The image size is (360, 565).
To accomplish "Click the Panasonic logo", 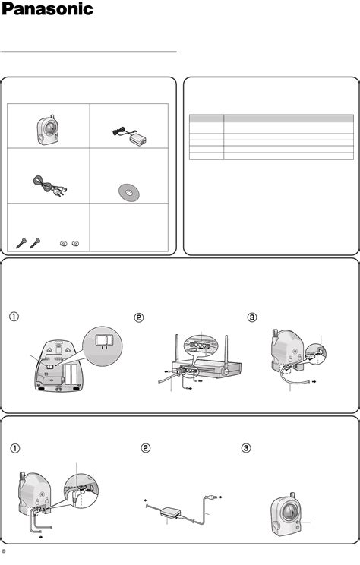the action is tap(47, 9).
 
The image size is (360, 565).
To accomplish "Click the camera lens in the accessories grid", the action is tap(50, 128).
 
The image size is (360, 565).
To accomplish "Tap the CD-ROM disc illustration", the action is tap(129, 193).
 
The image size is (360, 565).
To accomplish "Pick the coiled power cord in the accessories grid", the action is tap(49, 185).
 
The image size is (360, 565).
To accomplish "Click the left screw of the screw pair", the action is tap(22, 243).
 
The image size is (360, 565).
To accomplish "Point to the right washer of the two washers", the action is tap(75, 244).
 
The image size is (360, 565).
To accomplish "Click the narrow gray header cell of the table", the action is tap(207, 118).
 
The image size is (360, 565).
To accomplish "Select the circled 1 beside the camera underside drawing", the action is tap(14, 317).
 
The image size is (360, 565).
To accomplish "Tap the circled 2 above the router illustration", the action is tap(139, 317).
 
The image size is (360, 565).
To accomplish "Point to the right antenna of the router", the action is tap(226, 349).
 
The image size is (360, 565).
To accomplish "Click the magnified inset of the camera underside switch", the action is tap(103, 346).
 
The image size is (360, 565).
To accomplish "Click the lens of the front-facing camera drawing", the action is tap(289, 512).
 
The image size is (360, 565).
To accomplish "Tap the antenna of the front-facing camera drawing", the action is tap(292, 496).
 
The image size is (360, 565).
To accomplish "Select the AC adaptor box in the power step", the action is tap(169, 512).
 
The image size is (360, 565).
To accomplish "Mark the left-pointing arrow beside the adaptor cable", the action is tap(146, 500).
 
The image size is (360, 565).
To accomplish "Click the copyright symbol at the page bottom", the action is tap(4, 551).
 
